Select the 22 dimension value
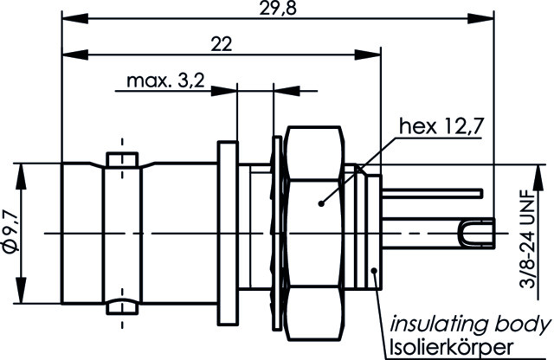pos(222,45)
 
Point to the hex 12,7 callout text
pos(440,127)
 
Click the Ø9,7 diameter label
pos(10,233)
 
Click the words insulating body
pos(468,325)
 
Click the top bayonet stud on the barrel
pos(121,159)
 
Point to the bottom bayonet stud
pos(121,306)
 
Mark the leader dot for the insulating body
pos(375,272)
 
